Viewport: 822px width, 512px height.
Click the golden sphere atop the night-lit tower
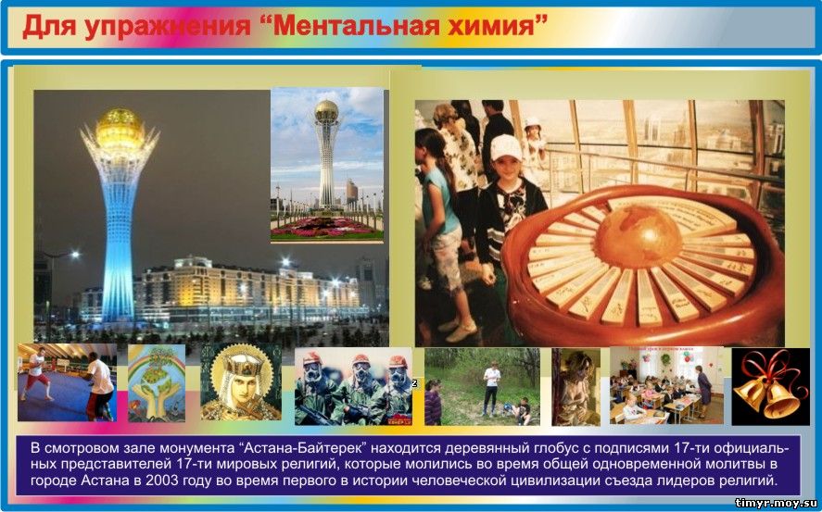120,127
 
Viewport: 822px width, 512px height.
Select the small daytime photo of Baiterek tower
327,165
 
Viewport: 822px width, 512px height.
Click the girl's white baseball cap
506,147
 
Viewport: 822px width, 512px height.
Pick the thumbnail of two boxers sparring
67,382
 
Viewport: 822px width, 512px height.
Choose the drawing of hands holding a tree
157,382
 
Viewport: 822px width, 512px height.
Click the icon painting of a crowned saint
241,381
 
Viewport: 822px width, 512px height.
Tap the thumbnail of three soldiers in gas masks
353,386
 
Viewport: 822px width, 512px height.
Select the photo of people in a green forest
482,386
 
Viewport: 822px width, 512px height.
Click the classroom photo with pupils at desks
667,385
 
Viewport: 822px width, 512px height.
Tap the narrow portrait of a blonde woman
576,387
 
